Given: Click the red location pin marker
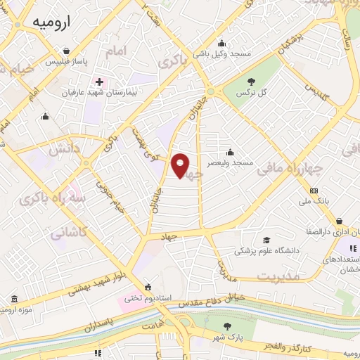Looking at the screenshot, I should click(x=181, y=166).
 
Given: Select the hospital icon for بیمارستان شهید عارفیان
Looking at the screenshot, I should click(x=99, y=82).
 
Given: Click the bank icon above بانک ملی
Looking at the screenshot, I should click(x=314, y=191).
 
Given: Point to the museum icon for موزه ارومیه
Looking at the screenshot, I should click(x=15, y=300).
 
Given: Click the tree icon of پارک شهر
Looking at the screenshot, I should click(x=227, y=326).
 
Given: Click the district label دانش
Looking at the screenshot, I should click(x=58, y=150).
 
